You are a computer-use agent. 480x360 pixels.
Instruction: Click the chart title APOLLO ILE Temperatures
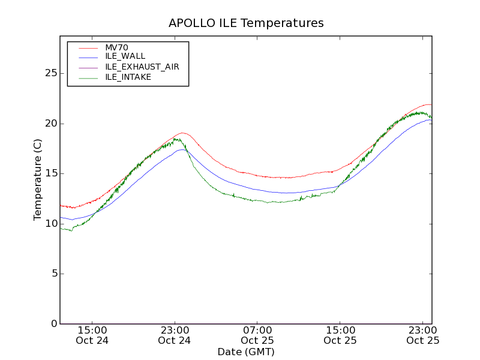click(246, 23)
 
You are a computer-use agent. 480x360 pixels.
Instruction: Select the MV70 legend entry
click(116, 47)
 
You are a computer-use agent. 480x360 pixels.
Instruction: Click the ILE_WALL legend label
click(125, 56)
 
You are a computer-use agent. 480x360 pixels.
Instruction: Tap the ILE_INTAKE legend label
click(128, 77)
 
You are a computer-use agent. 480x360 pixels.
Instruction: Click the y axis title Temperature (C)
click(38, 180)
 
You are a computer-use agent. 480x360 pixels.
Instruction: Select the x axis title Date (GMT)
click(246, 352)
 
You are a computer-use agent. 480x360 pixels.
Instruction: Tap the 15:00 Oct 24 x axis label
click(92, 335)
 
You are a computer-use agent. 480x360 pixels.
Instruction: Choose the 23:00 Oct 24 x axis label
click(175, 335)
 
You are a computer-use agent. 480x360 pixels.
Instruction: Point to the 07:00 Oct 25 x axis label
click(257, 335)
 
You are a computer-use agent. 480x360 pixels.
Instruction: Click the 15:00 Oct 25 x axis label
click(340, 335)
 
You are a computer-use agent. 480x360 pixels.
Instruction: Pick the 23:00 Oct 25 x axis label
click(423, 335)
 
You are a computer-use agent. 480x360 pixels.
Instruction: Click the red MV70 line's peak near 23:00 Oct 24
click(182, 133)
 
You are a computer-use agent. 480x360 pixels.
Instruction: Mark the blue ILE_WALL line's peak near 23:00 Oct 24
click(182, 149)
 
